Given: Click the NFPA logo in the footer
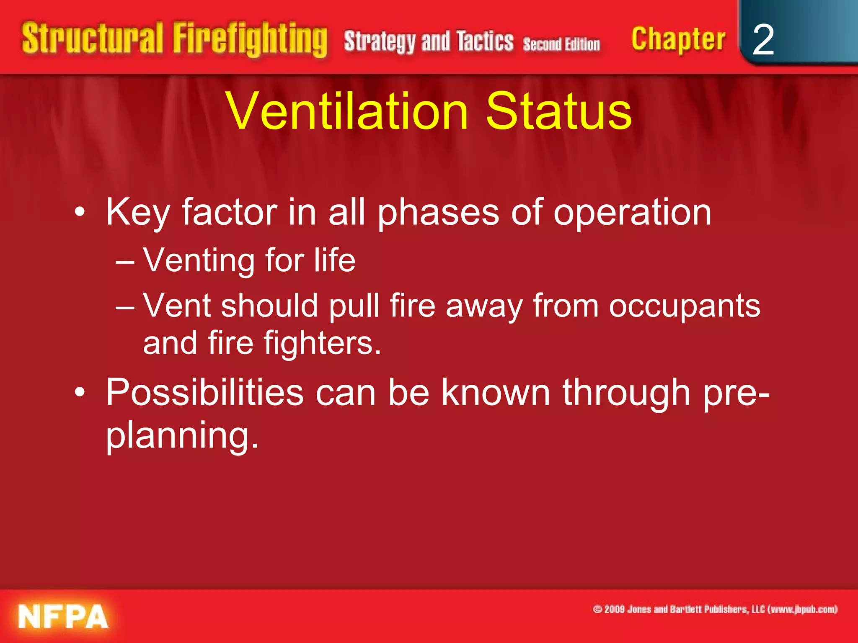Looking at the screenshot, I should tap(63, 616).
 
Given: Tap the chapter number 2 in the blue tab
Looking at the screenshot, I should tap(763, 40).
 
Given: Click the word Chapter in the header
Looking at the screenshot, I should tap(678, 40).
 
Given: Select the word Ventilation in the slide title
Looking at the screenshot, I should tap(347, 111).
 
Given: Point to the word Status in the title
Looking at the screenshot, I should tap(558, 111).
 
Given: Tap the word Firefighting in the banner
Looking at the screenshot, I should tap(250, 40).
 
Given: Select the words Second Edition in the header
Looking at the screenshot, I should tap(561, 44).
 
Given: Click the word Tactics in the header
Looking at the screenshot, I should tap(485, 42).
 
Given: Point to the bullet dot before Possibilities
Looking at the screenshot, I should tap(80, 393).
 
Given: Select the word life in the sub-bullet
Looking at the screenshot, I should tap(335, 260).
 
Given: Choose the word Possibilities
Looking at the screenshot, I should tap(204, 393).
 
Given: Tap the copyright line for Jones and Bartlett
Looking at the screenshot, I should tap(715, 609).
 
